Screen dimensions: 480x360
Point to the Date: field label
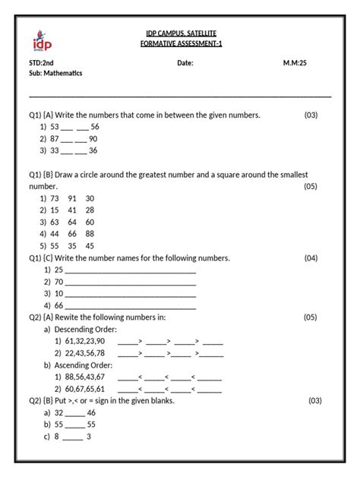coord(185,64)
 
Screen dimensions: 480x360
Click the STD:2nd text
coord(43,64)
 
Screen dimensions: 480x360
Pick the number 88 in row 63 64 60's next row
coord(90,234)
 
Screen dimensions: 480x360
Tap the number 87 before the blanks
coord(55,139)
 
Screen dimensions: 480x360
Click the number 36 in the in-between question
coord(93,151)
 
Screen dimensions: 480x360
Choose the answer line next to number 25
coord(131,271)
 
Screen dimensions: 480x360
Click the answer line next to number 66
coord(131,306)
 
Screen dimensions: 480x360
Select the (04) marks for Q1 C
coord(311,258)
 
